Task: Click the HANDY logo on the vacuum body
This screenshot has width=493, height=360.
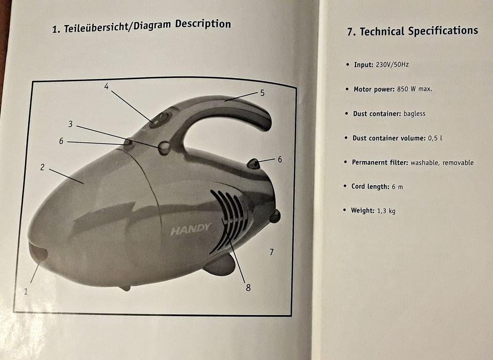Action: click(x=190, y=229)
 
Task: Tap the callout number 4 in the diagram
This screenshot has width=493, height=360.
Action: click(x=107, y=86)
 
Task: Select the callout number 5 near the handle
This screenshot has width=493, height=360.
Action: click(x=262, y=93)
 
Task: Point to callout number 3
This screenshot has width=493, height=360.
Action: click(x=71, y=124)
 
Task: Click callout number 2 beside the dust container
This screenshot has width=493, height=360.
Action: click(x=42, y=167)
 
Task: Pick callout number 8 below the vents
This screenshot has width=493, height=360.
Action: click(x=248, y=287)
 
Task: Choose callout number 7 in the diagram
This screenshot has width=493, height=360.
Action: click(x=271, y=252)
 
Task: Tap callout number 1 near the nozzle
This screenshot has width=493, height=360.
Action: click(x=26, y=292)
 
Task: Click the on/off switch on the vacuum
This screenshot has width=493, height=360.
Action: click(x=160, y=119)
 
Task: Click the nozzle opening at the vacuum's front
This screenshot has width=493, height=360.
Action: click(x=38, y=252)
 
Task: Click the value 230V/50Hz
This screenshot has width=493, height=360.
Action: click(x=392, y=65)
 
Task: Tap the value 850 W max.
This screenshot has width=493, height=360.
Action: click(x=414, y=89)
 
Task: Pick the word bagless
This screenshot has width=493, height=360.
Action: click(x=414, y=114)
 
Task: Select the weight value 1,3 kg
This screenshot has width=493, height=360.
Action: click(x=386, y=211)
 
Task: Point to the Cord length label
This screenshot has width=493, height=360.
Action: click(x=371, y=186)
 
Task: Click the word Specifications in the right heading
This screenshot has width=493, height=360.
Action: click(x=443, y=31)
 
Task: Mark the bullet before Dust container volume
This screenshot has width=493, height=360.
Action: click(x=346, y=138)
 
